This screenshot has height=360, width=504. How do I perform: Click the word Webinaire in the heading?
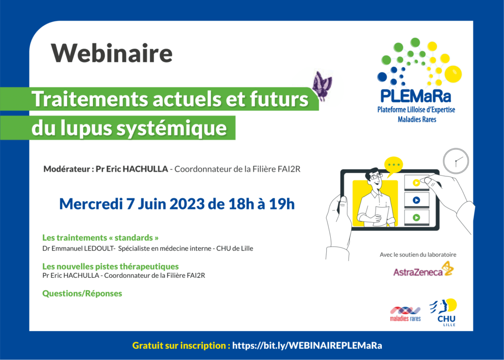click(x=112, y=53)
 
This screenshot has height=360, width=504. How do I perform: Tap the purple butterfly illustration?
click(x=322, y=86)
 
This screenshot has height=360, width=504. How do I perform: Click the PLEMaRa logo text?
click(x=415, y=96)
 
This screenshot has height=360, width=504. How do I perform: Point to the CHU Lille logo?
click(x=445, y=312)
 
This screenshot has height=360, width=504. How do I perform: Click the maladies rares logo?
click(x=405, y=314)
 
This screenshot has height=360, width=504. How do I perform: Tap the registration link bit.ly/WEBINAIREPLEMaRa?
click(x=307, y=346)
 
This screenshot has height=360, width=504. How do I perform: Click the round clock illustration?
click(x=456, y=161)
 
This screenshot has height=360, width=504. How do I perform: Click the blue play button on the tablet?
click(x=416, y=200)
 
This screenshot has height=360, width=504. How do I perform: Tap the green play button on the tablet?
click(x=416, y=217)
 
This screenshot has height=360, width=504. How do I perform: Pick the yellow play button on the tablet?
click(x=416, y=183)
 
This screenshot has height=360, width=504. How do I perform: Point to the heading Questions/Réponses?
click(x=82, y=294)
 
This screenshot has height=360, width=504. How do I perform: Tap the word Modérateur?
click(x=66, y=169)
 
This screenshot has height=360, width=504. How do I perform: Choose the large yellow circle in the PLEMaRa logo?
click(x=453, y=74)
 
